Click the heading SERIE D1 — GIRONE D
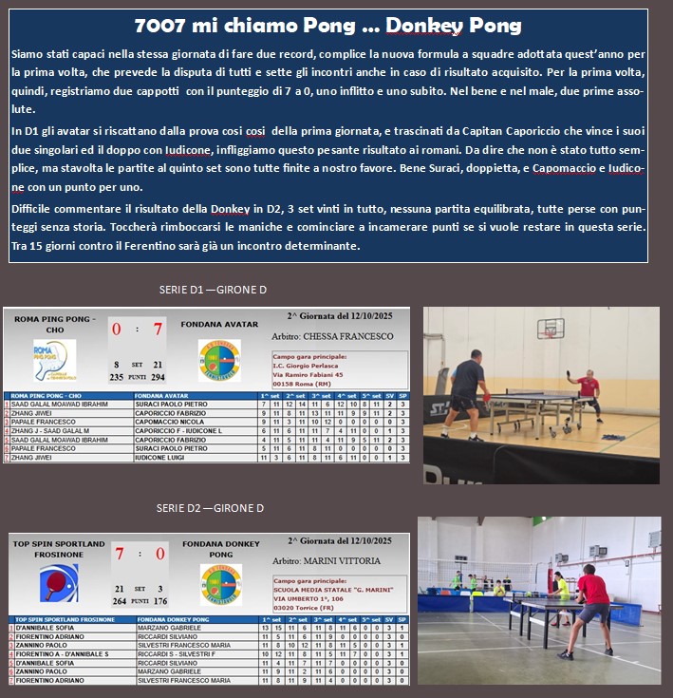(213, 290)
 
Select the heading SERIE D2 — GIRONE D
(210, 508)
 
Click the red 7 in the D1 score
(159, 330)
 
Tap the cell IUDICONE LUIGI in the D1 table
(164, 458)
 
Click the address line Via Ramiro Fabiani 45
(313, 375)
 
